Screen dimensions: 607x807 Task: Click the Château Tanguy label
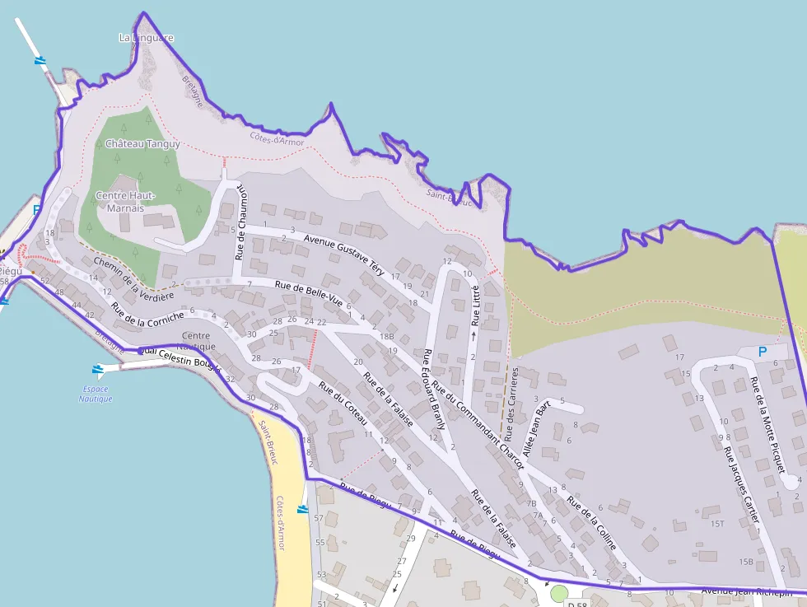click(x=142, y=143)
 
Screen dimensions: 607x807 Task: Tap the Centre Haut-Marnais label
click(x=125, y=202)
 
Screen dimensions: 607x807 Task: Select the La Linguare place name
click(x=147, y=38)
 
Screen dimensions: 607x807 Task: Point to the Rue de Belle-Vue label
click(x=308, y=292)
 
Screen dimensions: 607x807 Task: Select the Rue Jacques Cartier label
click(x=740, y=483)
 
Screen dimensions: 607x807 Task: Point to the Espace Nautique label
click(x=96, y=394)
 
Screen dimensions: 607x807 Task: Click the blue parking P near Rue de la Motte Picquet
click(x=762, y=352)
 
